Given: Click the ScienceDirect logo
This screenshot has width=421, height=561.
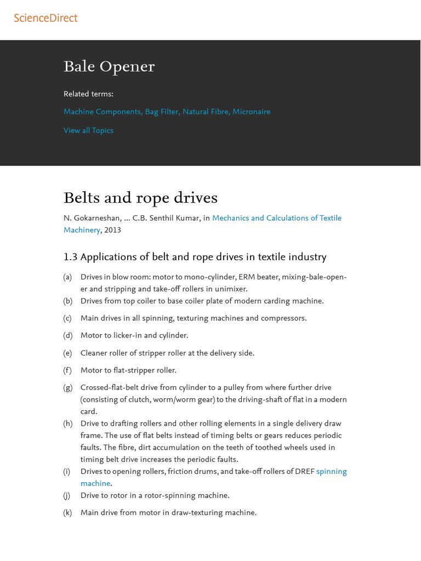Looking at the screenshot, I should (45, 18).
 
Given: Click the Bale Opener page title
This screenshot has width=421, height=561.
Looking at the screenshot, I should (109, 67).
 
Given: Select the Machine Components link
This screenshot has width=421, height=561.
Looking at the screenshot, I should (102, 112).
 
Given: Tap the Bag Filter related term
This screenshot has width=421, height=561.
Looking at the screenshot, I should (162, 112).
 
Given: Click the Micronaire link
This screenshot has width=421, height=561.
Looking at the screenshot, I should (251, 112).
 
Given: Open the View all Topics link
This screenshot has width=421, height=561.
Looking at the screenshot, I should (88, 130).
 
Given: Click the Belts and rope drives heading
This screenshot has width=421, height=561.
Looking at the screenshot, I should (140, 198).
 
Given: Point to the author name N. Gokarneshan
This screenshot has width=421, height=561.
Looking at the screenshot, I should (92, 218).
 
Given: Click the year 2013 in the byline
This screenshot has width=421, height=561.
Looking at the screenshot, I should (112, 230).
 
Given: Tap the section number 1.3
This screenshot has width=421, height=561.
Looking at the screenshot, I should (71, 257).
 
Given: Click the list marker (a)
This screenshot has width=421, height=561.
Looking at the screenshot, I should (67, 277).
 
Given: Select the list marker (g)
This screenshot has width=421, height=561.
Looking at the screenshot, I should (67, 388).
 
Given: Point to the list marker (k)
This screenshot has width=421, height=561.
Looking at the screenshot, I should (67, 513).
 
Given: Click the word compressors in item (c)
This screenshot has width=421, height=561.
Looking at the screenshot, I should (283, 318).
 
